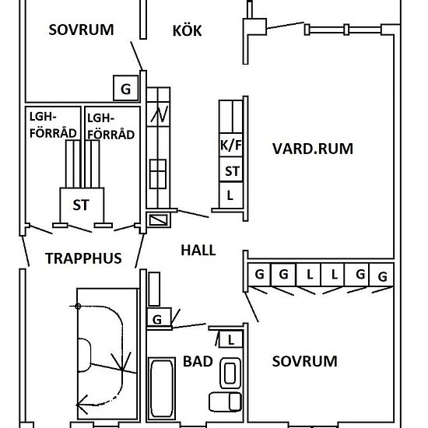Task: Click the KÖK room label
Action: pyautogui.click(x=187, y=30)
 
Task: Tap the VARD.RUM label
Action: pyautogui.click(x=313, y=149)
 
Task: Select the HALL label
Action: pyautogui.click(x=198, y=250)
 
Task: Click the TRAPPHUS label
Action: pyautogui.click(x=83, y=258)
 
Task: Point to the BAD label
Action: pyautogui.click(x=198, y=361)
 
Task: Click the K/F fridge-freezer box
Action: pyautogui.click(x=231, y=145)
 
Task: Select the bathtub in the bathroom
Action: pyautogui.click(x=162, y=388)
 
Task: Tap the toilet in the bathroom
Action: pyautogui.click(x=226, y=402)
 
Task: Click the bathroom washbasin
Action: pyautogui.click(x=230, y=373)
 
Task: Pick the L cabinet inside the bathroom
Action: pyautogui.click(x=230, y=339)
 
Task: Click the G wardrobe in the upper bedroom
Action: pyautogui.click(x=126, y=88)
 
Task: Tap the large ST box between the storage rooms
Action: pyautogui.click(x=82, y=205)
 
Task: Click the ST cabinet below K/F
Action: pyautogui.click(x=231, y=170)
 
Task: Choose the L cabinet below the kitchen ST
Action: pyautogui.click(x=231, y=195)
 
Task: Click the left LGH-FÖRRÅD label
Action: pyautogui.click(x=53, y=125)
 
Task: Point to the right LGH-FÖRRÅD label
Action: pyautogui.click(x=111, y=127)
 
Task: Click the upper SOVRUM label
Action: pyautogui.click(x=81, y=30)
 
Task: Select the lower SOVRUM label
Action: pyautogui.click(x=304, y=361)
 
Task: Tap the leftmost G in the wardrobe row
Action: pyautogui.click(x=259, y=275)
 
